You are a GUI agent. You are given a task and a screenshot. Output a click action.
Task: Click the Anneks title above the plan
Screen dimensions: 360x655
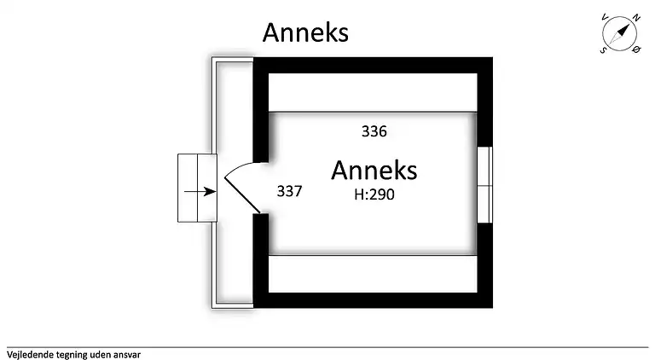pyautogui.click(x=305, y=32)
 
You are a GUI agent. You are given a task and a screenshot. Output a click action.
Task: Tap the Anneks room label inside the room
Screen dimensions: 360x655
pyautogui.click(x=374, y=170)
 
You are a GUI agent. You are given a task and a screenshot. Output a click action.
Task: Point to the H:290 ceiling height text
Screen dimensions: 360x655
pyautogui.click(x=374, y=194)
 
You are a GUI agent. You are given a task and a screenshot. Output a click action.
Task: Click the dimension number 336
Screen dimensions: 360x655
pyautogui.click(x=374, y=131)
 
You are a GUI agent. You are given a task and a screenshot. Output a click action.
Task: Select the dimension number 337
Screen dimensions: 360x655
pyautogui.click(x=290, y=191)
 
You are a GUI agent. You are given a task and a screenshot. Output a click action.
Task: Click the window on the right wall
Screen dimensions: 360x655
pyautogui.click(x=484, y=184)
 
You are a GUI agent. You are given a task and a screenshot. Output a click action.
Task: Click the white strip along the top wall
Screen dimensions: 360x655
pyautogui.click(x=373, y=91)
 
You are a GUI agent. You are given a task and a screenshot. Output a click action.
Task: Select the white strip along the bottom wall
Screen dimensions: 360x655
pyautogui.click(x=373, y=273)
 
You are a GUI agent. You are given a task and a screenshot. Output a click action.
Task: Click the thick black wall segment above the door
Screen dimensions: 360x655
pyautogui.click(x=261, y=111)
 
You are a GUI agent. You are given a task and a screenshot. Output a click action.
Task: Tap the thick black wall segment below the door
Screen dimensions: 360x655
pyautogui.click(x=261, y=256)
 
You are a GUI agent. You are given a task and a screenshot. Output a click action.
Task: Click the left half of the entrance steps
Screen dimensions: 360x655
pyautogui.click(x=188, y=188)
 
